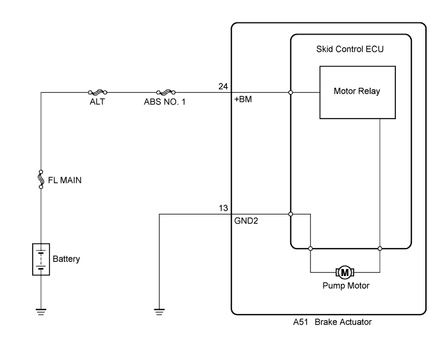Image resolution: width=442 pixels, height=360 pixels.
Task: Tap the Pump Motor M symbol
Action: click(345, 272)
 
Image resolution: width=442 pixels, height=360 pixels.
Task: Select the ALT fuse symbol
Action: click(99, 92)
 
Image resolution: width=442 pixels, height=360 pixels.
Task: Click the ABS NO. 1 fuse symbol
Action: click(165, 92)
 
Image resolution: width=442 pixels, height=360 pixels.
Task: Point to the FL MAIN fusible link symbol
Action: click(41, 180)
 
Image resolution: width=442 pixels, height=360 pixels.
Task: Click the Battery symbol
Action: click(41, 259)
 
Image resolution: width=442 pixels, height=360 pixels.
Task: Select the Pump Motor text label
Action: click(345, 286)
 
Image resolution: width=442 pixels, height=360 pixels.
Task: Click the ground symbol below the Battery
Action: click(41, 312)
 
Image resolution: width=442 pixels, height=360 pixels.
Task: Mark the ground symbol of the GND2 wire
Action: click(159, 312)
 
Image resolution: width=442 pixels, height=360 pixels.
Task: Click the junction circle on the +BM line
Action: click(291, 92)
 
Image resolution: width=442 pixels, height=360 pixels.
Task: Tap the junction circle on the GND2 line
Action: click(291, 214)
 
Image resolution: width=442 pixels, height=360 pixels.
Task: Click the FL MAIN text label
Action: click(65, 180)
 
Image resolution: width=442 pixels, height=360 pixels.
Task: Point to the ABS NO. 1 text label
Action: click(165, 101)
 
